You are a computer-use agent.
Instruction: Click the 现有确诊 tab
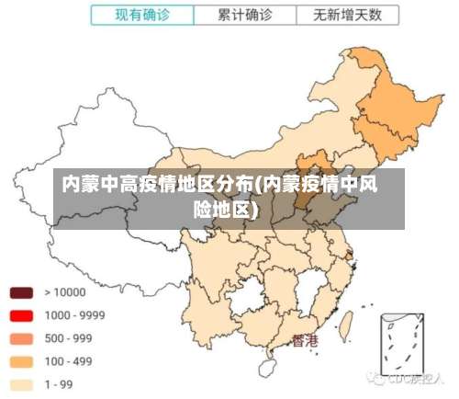coord(142,16)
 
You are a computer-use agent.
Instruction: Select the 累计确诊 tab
coord(244,16)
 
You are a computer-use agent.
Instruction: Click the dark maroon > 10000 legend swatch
coord(22,292)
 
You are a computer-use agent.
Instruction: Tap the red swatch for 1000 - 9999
coord(22,315)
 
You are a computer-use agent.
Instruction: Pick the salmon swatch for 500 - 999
coord(22,338)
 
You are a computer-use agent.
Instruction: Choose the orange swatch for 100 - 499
coord(22,361)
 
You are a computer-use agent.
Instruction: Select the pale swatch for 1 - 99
coord(22,384)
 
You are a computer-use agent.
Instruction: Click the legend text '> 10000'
coord(64,292)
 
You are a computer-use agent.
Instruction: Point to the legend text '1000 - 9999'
coord(74,315)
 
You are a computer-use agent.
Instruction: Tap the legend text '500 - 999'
coord(69,338)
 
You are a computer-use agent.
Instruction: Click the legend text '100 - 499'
coord(69,361)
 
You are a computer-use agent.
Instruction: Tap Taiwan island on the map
coord(347,324)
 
